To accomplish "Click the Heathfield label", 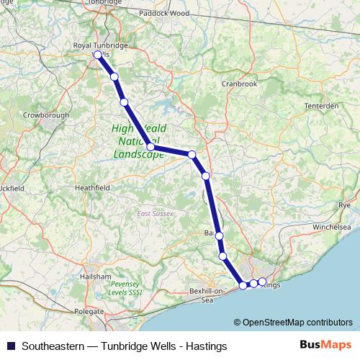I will [x=92, y=188].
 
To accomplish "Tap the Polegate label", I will [x=89, y=312].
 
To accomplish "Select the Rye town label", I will [x=344, y=206].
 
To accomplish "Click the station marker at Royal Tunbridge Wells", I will [x=98, y=54].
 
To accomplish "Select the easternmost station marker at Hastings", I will [x=262, y=282].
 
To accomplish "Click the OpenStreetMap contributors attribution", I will [x=297, y=323].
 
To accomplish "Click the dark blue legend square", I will [x=11, y=346].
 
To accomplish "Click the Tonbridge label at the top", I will [x=105, y=3].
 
